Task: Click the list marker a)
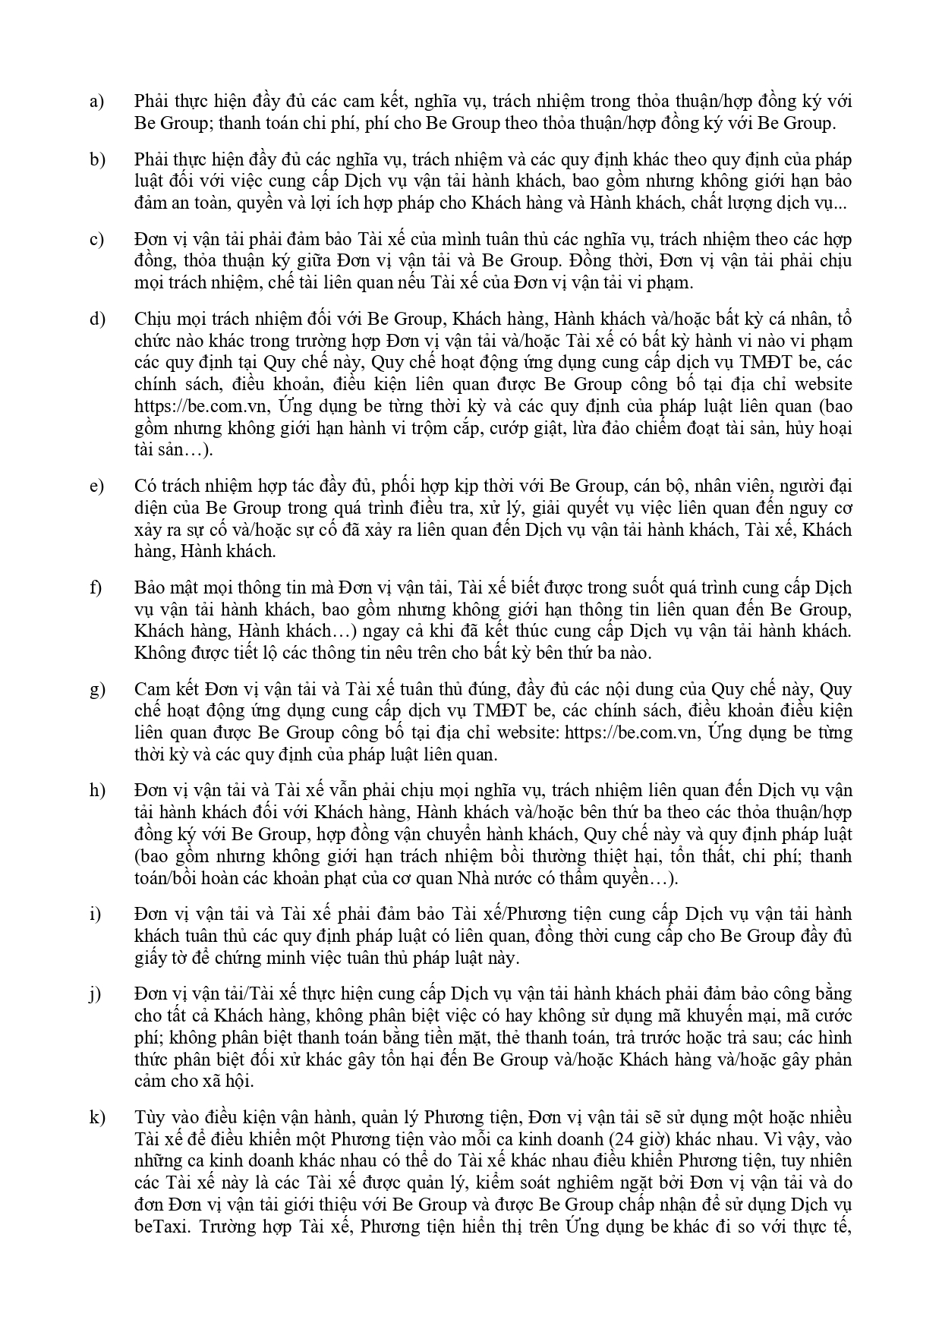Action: pyautogui.click(x=96, y=102)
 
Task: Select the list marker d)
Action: pyautogui.click(x=96, y=319)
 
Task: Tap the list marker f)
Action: pyautogui.click(x=96, y=587)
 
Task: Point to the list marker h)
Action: pyautogui.click(x=96, y=790)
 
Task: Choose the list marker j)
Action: pyautogui.click(x=95, y=993)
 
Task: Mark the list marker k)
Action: pyautogui.click(x=96, y=1117)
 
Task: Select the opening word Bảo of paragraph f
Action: pyautogui.click(x=150, y=587)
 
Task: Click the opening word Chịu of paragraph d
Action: pyautogui.click(x=153, y=319)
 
